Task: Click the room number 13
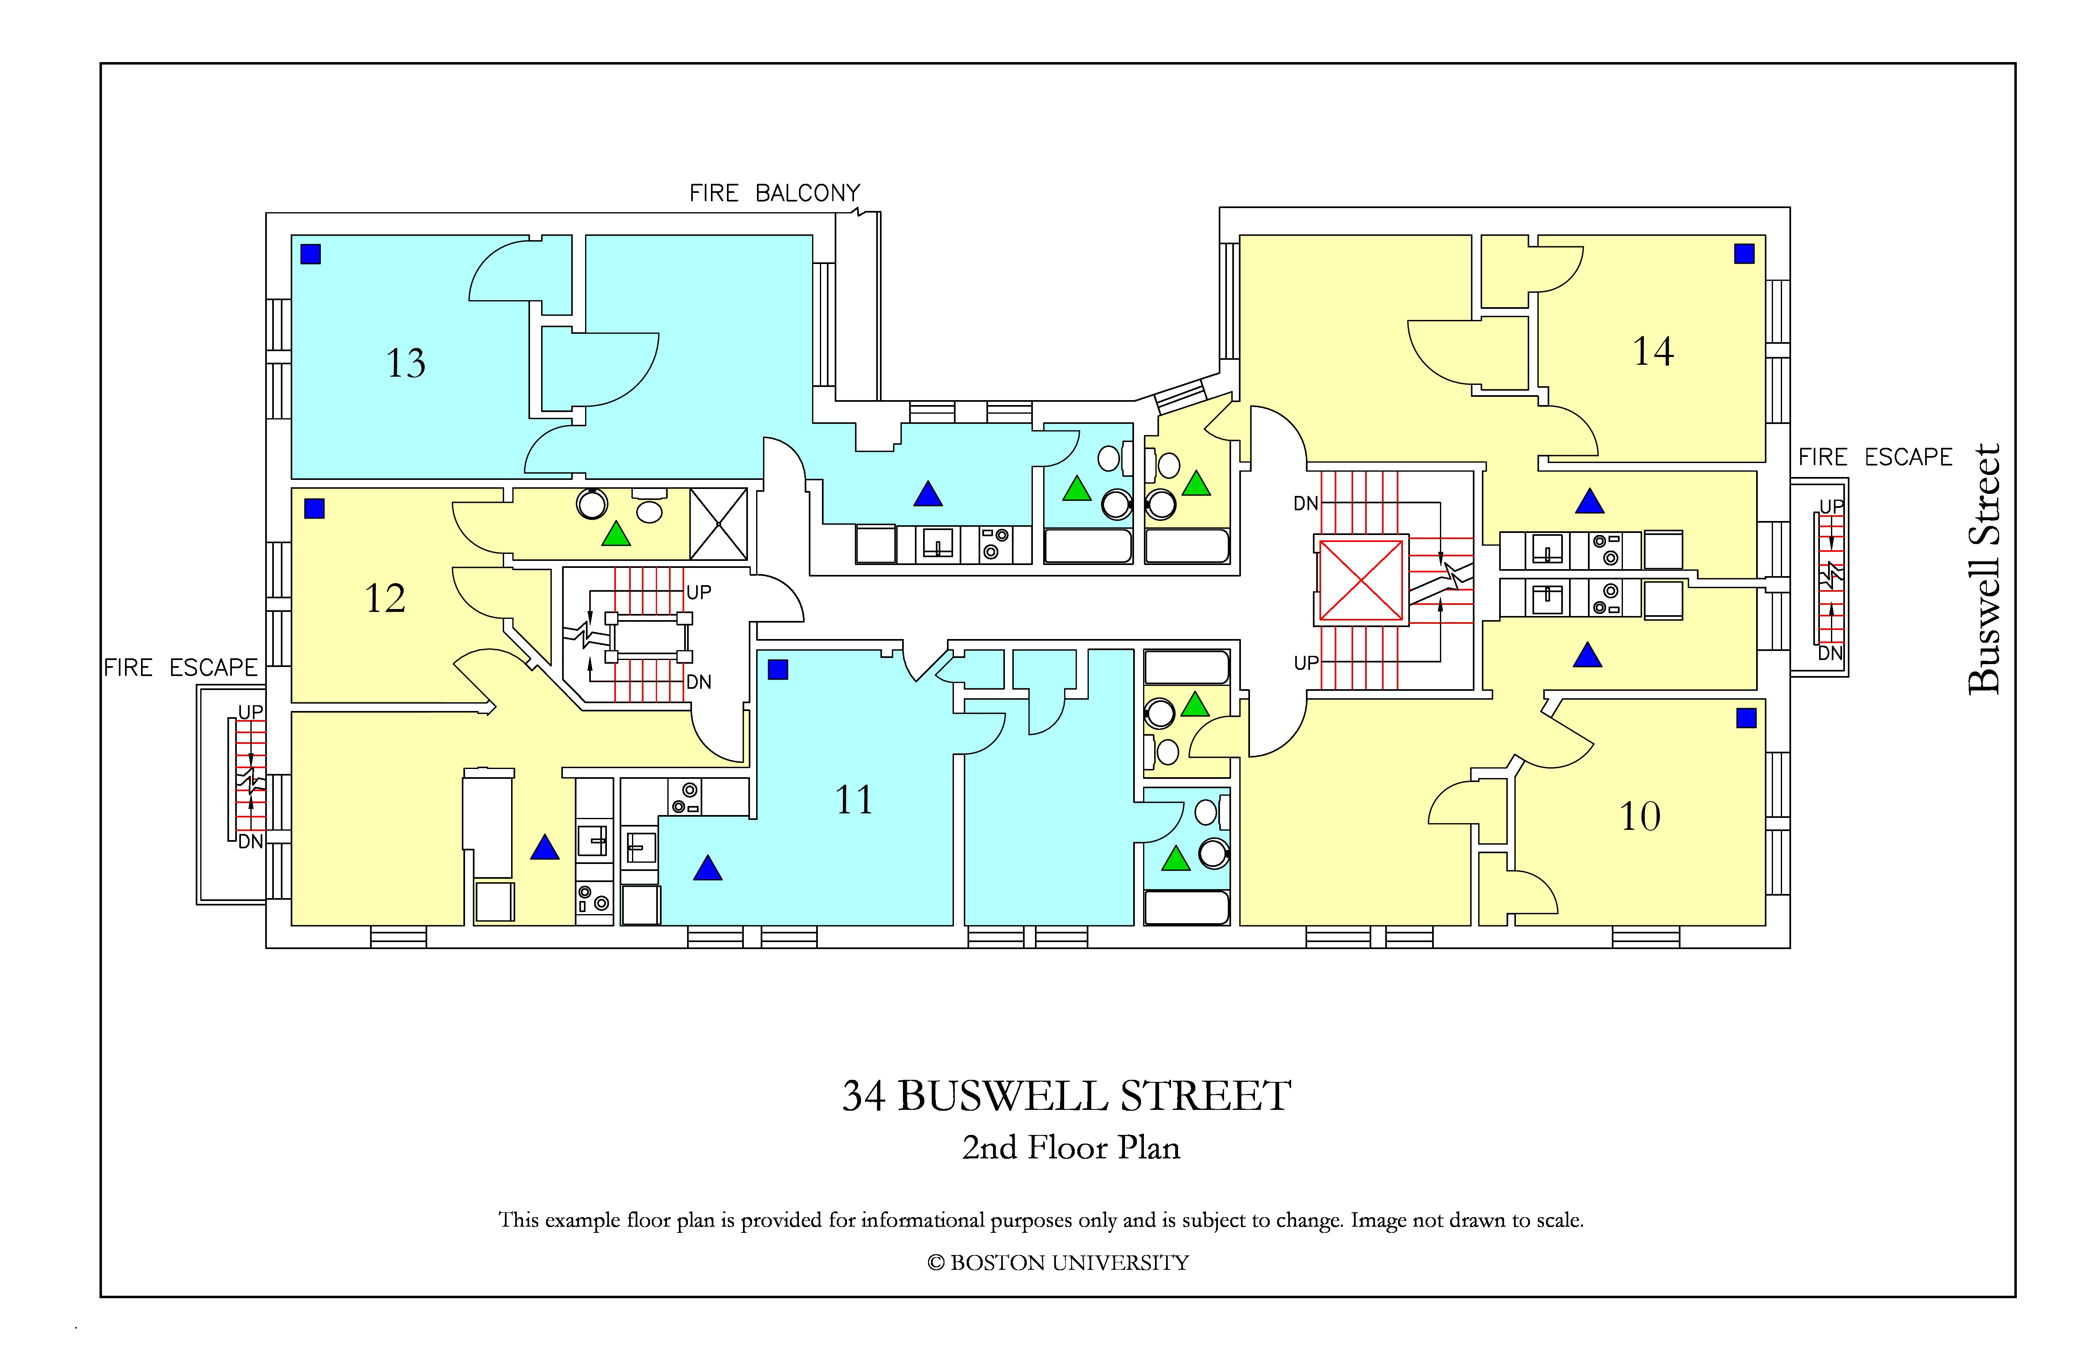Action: [x=405, y=363]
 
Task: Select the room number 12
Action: [x=385, y=598]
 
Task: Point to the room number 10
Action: [x=1640, y=816]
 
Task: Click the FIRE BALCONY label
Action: [x=775, y=193]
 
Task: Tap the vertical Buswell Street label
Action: [x=1984, y=569]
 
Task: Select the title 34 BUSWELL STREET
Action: [x=1066, y=1096]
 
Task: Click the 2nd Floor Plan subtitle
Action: [x=1071, y=1147]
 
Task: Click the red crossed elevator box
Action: [x=1361, y=580]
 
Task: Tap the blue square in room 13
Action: [x=310, y=254]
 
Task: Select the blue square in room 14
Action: [x=1744, y=254]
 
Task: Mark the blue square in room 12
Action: [x=315, y=508]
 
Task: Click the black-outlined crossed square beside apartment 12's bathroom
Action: [x=718, y=524]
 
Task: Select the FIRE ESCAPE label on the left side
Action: [x=181, y=668]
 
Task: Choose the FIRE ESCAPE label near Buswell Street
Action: [x=1875, y=457]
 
